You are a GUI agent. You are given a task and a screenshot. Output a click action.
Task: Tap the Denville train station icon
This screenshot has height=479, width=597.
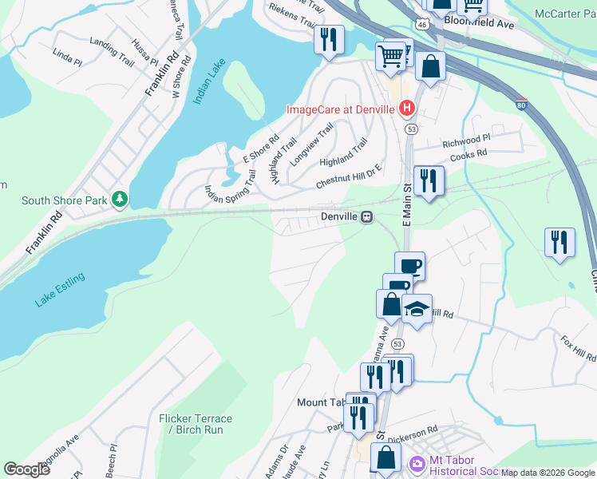click(366, 216)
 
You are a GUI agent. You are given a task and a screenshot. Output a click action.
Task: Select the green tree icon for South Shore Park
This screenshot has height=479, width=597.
click(119, 198)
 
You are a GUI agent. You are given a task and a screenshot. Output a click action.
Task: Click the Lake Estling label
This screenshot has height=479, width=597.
click(60, 289)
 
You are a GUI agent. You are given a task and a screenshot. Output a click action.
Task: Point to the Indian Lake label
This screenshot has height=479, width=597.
click(210, 81)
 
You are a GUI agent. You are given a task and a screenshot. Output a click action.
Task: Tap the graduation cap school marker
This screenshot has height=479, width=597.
click(416, 308)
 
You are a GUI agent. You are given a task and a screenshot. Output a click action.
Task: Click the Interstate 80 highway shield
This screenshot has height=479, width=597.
click(520, 104)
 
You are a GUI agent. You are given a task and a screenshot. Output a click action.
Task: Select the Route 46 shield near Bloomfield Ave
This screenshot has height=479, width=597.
click(429, 25)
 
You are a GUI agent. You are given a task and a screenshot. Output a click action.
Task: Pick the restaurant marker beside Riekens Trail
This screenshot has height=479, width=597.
click(329, 38)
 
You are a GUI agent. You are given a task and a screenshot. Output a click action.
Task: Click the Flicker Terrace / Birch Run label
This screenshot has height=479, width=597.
click(196, 424)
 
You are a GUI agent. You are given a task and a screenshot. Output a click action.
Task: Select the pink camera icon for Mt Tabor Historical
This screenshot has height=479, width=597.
click(417, 464)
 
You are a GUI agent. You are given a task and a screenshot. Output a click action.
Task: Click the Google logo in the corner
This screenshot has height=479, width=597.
click(26, 469)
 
